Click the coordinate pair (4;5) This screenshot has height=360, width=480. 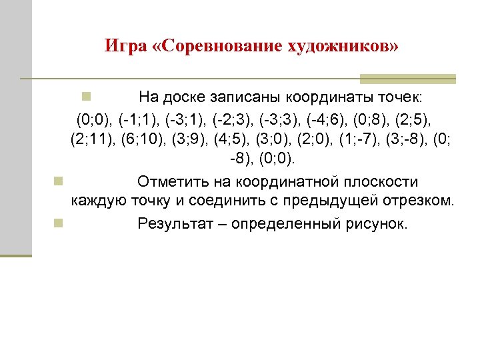(x=230, y=141)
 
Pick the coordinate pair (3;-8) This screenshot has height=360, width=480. (x=405, y=141)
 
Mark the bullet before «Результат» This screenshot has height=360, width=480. (x=58, y=222)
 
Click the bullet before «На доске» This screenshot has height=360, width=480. (x=86, y=98)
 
